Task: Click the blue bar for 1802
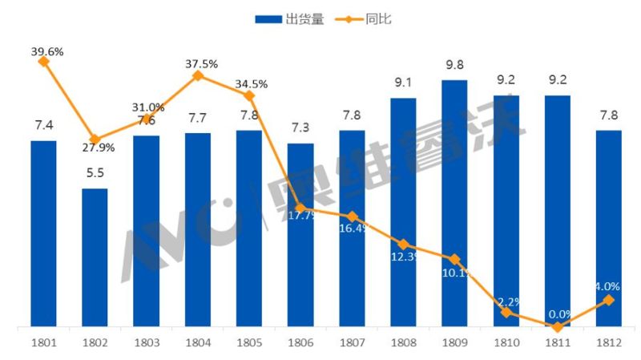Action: click(x=95, y=258)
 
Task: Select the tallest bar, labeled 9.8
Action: click(x=454, y=204)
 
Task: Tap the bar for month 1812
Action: click(x=608, y=229)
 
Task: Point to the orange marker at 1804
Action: click(x=198, y=76)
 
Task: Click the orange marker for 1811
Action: click(x=557, y=327)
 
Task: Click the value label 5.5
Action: click(x=95, y=173)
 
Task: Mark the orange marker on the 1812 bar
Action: click(x=608, y=300)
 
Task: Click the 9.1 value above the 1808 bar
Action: click(x=403, y=82)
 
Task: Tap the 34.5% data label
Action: click(x=251, y=83)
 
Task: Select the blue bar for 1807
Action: click(x=352, y=229)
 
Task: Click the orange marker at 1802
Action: click(x=95, y=140)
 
